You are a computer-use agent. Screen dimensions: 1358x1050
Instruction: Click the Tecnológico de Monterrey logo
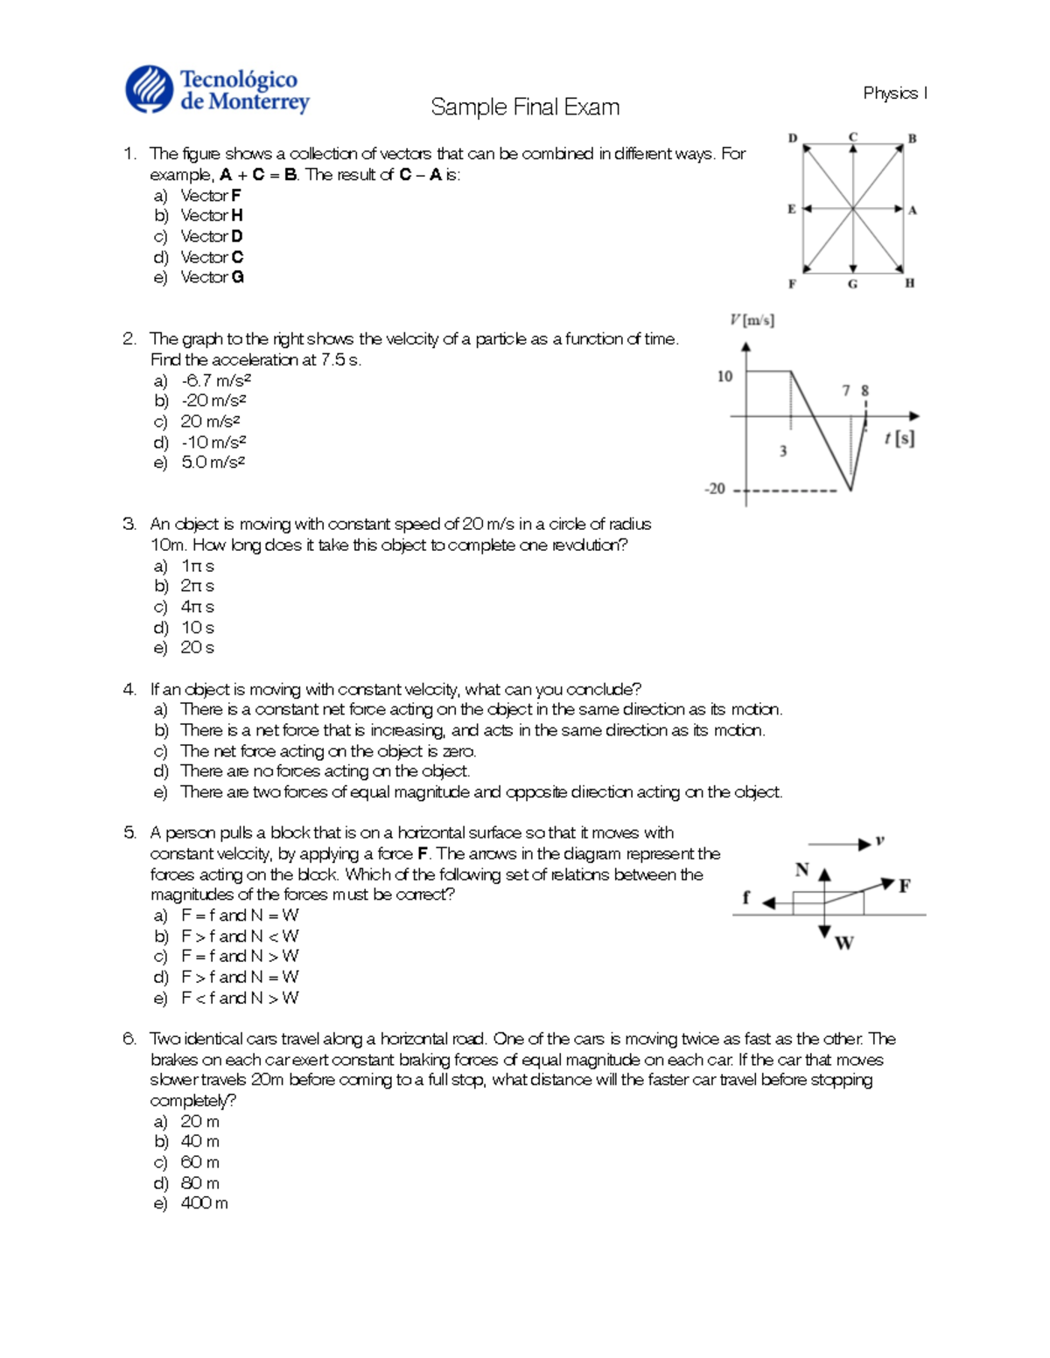pos(217,90)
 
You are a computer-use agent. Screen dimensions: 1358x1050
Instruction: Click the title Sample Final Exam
pos(525,108)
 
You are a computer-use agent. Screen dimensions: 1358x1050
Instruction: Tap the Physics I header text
pos(894,93)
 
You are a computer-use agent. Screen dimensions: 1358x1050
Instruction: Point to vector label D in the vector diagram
pos(793,138)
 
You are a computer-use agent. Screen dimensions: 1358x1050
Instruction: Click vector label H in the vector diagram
pos(910,283)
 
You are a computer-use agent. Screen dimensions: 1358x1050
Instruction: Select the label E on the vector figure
pos(791,209)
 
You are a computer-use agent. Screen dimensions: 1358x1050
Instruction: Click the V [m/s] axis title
pos(752,320)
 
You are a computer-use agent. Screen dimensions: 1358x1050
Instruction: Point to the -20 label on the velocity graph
pos(716,489)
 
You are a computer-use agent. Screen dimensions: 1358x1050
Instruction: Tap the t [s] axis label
pos(899,438)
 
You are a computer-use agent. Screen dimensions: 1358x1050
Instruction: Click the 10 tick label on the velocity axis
pos(724,376)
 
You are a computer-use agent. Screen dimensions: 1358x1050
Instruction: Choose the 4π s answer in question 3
pos(197,607)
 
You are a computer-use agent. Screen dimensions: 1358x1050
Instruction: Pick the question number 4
pos(129,689)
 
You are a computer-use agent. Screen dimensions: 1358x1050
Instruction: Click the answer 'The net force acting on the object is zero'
pos(328,751)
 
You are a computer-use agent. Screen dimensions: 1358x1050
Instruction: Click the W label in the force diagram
pos(843,943)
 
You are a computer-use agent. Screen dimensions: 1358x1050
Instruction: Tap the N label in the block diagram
pos(801,869)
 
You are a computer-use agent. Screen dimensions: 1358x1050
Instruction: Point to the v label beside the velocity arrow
pos(879,841)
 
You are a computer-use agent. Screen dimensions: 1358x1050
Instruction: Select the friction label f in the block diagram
pos(745,897)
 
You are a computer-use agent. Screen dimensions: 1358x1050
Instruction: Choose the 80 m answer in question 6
pos(199,1183)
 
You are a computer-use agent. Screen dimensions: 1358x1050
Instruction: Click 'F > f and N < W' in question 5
pos(240,936)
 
